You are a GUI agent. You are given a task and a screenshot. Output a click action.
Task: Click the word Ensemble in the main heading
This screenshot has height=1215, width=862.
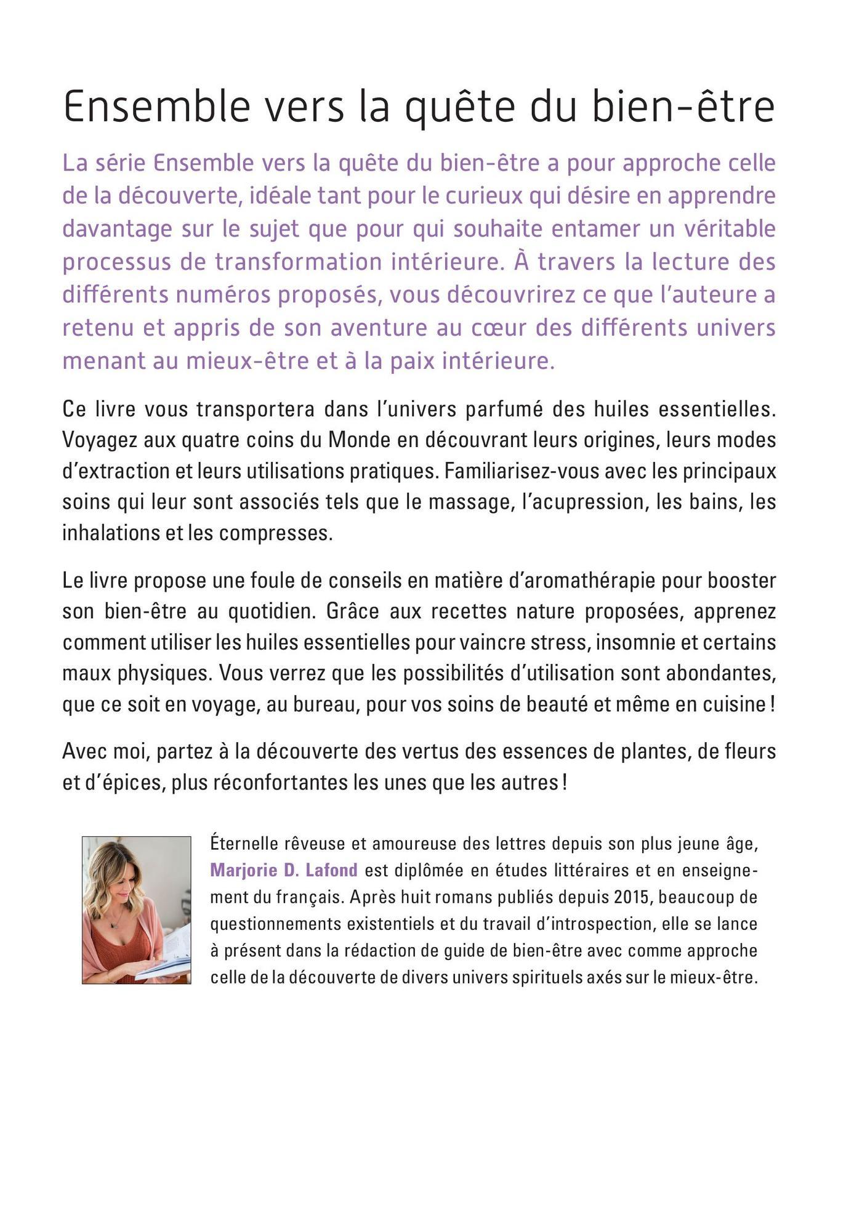[x=157, y=107]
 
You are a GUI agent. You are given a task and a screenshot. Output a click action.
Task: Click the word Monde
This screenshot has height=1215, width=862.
[x=355, y=440]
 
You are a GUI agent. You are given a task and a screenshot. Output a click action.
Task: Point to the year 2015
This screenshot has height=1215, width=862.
[x=632, y=897]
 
